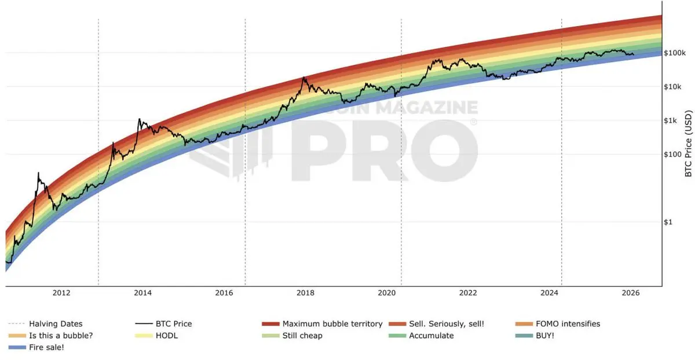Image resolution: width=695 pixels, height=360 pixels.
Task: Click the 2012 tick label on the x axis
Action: tap(61, 293)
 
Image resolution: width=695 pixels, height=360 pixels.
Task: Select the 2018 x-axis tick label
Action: tap(305, 293)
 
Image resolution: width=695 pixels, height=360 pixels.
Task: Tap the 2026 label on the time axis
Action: tap(630, 293)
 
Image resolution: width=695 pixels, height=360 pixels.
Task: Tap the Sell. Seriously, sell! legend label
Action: tap(449, 324)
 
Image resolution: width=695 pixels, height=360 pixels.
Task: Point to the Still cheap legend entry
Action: tap(302, 336)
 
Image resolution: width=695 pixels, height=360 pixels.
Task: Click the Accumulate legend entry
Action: tap(431, 336)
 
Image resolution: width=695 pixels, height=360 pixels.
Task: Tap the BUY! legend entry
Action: tap(545, 336)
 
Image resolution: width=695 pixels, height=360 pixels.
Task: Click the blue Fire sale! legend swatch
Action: tap(17, 348)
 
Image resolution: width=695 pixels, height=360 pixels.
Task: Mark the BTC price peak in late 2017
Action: tap(304, 77)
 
